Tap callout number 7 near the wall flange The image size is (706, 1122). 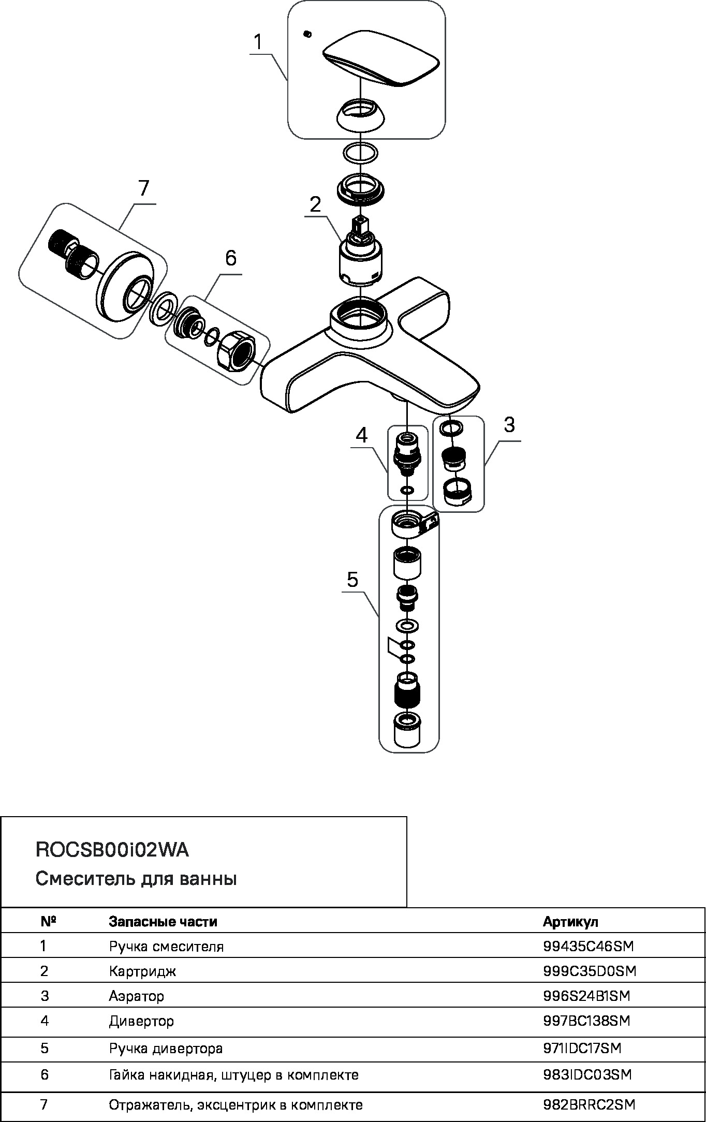click(143, 188)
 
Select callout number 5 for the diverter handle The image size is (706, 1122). click(352, 580)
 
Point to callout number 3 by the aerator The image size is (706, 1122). click(509, 425)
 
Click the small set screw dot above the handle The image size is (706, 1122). click(307, 34)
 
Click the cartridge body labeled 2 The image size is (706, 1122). click(359, 264)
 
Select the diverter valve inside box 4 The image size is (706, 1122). click(407, 451)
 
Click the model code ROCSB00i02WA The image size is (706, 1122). click(112, 850)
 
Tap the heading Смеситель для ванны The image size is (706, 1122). click(136, 879)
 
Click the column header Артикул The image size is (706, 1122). click(570, 922)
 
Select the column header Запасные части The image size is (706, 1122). click(163, 922)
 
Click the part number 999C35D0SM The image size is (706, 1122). click(590, 971)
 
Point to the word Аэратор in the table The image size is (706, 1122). click(137, 996)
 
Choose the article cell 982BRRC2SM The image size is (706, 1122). click(589, 1105)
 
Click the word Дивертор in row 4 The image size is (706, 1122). click(141, 1022)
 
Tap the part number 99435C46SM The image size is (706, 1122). click(589, 947)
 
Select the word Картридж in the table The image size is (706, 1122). click(142, 971)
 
